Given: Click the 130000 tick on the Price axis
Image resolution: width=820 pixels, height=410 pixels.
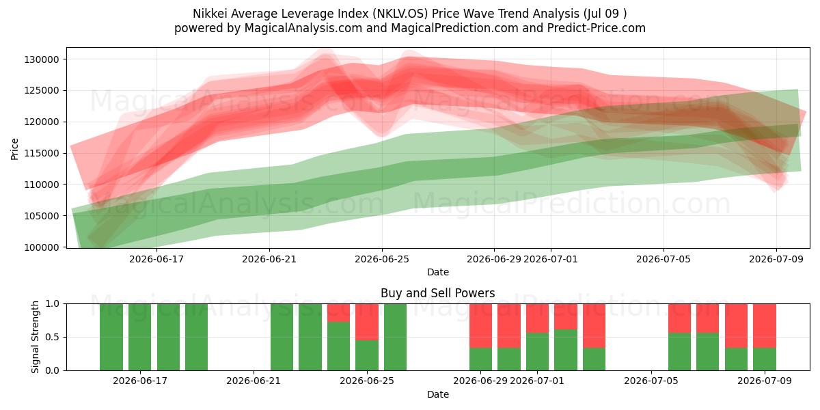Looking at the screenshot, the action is [x=42, y=59].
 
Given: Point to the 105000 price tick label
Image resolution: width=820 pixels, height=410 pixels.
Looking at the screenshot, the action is [x=42, y=216].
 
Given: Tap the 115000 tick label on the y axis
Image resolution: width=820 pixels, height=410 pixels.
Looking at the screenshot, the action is [x=42, y=153].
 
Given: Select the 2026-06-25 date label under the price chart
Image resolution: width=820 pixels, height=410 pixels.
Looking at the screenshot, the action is [x=382, y=259].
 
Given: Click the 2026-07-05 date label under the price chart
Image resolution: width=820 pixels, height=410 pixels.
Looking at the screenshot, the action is [x=664, y=259].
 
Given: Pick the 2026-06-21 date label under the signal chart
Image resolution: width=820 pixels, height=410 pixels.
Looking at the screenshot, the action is [x=254, y=381].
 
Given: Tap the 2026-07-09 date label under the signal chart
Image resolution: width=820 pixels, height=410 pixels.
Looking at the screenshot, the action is [x=765, y=381].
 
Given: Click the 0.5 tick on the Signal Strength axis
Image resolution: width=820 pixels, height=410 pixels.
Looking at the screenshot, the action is [x=52, y=337].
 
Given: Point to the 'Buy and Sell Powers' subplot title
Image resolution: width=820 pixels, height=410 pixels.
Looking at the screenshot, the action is [x=438, y=293].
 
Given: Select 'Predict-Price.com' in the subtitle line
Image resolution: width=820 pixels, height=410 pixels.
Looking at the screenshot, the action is [x=597, y=28].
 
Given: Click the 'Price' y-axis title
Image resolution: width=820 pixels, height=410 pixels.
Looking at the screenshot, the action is [x=14, y=149].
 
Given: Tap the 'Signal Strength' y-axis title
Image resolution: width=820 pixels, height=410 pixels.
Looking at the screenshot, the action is [x=35, y=337].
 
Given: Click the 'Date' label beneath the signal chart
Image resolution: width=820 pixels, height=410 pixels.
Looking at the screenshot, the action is [x=438, y=394].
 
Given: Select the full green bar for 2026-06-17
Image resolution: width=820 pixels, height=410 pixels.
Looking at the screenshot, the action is [x=139, y=337].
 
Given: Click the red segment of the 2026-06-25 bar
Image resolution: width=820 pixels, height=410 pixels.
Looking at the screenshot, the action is [x=367, y=322].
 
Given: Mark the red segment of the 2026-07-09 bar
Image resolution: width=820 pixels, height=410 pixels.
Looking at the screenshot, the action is [x=765, y=326].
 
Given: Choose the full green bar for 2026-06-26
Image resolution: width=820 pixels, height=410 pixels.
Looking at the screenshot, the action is [x=395, y=337].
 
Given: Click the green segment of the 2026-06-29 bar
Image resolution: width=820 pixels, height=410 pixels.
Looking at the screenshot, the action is [x=480, y=359].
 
